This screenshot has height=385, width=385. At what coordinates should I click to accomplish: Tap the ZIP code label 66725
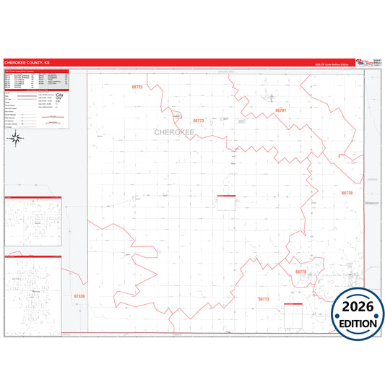pyautogui.click(x=137, y=87)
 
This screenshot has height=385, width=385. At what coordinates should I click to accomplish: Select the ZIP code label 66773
pyautogui.click(x=199, y=121)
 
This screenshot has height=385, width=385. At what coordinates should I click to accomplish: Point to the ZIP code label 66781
pyautogui.click(x=281, y=111)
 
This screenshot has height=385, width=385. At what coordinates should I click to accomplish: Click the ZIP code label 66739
pyautogui.click(x=347, y=193)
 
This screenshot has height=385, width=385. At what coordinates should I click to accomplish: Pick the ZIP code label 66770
pyautogui.click(x=301, y=272)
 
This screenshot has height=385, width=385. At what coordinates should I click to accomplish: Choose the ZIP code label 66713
pyautogui.click(x=263, y=298)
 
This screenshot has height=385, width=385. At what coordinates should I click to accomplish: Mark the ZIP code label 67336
pyautogui.click(x=79, y=296)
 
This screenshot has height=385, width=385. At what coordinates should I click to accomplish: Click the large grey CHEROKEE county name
pyautogui.click(x=174, y=132)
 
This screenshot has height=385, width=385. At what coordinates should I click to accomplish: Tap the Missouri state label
pyautogui.click(x=372, y=204)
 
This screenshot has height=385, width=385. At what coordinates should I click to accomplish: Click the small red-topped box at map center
pyautogui.click(x=226, y=204)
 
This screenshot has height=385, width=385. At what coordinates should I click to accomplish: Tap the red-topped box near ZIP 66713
pyautogui.click(x=293, y=315)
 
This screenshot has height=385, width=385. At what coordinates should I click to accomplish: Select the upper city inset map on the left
pyautogui.click(x=33, y=222)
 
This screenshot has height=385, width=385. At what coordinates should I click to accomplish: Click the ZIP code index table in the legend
pyautogui.click(x=36, y=80)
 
